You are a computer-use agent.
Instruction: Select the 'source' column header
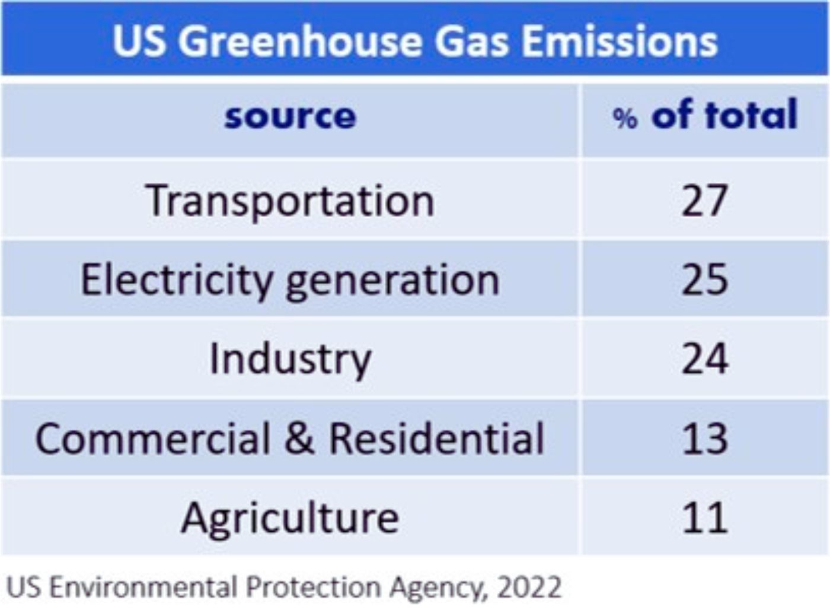pyautogui.click(x=290, y=116)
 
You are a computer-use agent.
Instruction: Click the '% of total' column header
pyautogui.click(x=705, y=116)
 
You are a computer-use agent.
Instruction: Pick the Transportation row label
pyautogui.click(x=290, y=201)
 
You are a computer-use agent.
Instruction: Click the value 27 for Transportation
pyautogui.click(x=704, y=201)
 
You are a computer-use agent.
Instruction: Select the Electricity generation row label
pyautogui.click(x=290, y=280)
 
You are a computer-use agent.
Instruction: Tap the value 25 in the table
pyautogui.click(x=704, y=280)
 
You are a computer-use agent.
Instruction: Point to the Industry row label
pyautogui.click(x=290, y=360)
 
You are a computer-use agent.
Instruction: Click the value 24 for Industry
pyautogui.click(x=704, y=360)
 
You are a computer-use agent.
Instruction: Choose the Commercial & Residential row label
pyautogui.click(x=290, y=439)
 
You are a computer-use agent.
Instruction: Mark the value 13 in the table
pyautogui.click(x=704, y=439)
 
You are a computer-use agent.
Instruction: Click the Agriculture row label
pyautogui.click(x=290, y=518)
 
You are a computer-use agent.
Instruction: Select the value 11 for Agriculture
pyautogui.click(x=704, y=518)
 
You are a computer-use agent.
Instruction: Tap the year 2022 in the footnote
pyautogui.click(x=529, y=588)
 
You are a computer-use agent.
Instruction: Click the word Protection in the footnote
pyautogui.click(x=314, y=588)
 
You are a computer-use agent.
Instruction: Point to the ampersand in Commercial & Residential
pyautogui.click(x=299, y=439)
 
